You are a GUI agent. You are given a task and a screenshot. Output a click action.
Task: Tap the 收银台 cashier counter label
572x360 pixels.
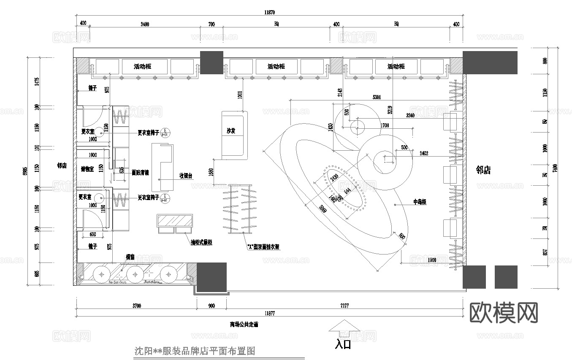[186, 176]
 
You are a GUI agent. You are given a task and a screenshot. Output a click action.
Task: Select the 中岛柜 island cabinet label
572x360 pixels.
[420, 202]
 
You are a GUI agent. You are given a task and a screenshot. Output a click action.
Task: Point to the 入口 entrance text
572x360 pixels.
[343, 344]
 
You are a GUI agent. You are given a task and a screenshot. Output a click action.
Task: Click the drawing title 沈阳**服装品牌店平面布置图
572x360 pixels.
[195, 351]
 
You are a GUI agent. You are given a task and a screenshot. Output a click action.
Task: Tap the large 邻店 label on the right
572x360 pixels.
[483, 170]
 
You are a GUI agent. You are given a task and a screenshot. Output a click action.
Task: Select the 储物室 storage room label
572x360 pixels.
[87, 169]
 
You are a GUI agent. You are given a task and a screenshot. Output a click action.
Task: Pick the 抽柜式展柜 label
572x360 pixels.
[201, 242]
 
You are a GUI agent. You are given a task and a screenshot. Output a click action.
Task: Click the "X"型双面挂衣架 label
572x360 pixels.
[264, 247]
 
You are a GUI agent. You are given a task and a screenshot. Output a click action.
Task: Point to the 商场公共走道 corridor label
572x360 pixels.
[244, 325]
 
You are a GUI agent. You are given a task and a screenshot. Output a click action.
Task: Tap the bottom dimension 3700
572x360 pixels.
[136, 306]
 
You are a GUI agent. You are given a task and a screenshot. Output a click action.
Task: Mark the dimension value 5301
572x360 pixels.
[377, 97]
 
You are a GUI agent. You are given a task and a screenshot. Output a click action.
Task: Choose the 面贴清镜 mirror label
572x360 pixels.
[140, 172]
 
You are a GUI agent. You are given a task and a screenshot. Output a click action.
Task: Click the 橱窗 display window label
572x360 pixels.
[130, 257]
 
